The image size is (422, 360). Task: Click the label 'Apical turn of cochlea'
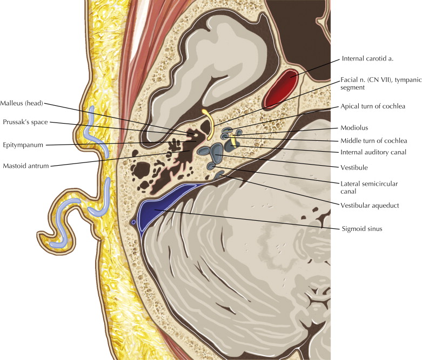373,106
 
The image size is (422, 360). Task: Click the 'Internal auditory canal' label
374,152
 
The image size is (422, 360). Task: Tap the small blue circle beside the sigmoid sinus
133,222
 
